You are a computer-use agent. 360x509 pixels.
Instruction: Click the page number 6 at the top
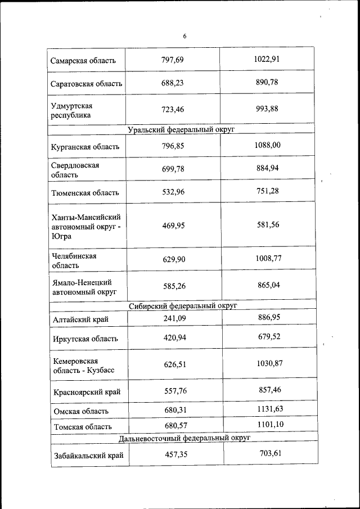pyautogui.click(x=184, y=37)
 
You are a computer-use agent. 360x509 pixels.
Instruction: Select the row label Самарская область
pyautogui.click(x=83, y=60)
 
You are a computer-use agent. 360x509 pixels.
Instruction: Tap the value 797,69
pyautogui.click(x=173, y=59)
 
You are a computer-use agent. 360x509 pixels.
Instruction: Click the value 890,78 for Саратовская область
pyautogui.click(x=267, y=82)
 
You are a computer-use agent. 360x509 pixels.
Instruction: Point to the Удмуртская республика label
pyautogui.click(x=72, y=110)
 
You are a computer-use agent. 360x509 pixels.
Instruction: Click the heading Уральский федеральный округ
pyautogui.click(x=181, y=129)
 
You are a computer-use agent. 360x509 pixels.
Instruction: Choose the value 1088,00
pyautogui.click(x=268, y=146)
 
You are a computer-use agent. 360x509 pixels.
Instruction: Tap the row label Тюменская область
pyautogui.click(x=85, y=192)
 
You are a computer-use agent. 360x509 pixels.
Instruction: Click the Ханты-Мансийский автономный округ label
pyautogui.click(x=86, y=226)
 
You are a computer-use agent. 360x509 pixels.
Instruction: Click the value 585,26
pyautogui.click(x=174, y=286)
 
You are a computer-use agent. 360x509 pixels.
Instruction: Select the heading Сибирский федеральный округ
pyautogui.click(x=183, y=307)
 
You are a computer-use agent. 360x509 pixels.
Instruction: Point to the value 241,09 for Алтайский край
pyautogui.click(x=174, y=318)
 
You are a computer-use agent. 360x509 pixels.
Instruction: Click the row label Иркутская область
pyautogui.click(x=85, y=339)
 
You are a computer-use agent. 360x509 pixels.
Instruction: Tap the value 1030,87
pyautogui.click(x=269, y=363)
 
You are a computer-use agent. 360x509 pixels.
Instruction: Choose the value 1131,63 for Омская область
pyautogui.click(x=270, y=409)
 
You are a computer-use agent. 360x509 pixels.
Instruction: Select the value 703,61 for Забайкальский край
pyautogui.click(x=269, y=453)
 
